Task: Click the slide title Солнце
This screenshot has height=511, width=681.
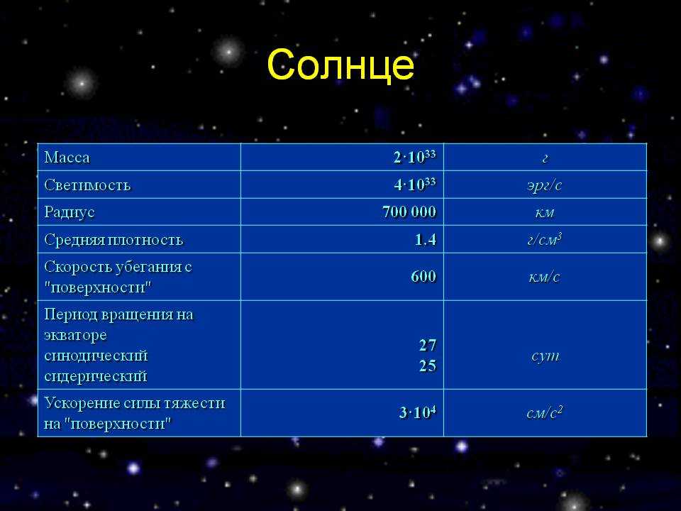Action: pyautogui.click(x=340, y=65)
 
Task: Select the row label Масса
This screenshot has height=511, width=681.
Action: pyautogui.click(x=67, y=158)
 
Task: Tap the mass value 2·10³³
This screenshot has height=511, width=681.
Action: pyautogui.click(x=415, y=157)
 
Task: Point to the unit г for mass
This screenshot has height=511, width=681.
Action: pyautogui.click(x=545, y=158)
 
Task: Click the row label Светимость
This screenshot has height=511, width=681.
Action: pyautogui.click(x=87, y=185)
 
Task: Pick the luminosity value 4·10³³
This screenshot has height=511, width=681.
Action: pyautogui.click(x=415, y=185)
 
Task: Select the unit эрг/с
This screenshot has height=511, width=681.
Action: pyautogui.click(x=545, y=185)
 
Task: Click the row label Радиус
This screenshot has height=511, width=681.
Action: pyautogui.click(x=70, y=212)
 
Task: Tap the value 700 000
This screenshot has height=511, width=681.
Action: pyautogui.click(x=409, y=212)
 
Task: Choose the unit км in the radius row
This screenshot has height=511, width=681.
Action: pyautogui.click(x=545, y=212)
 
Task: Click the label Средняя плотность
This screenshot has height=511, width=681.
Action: pyautogui.click(x=113, y=240)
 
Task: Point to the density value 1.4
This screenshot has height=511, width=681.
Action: pyautogui.click(x=425, y=239)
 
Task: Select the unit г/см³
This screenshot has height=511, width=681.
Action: pyautogui.click(x=545, y=239)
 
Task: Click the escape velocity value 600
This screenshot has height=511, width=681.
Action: pyautogui.click(x=423, y=276)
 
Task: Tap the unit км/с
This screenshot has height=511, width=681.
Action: pyautogui.click(x=545, y=277)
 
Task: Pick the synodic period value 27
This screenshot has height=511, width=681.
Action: pyautogui.click(x=427, y=346)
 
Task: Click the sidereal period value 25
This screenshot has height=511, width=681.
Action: pyautogui.click(x=427, y=366)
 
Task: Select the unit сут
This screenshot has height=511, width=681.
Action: pyautogui.click(x=546, y=356)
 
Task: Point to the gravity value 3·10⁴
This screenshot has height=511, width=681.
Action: pyautogui.click(x=417, y=412)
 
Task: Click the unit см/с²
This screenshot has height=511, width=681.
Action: pyautogui.click(x=545, y=412)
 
